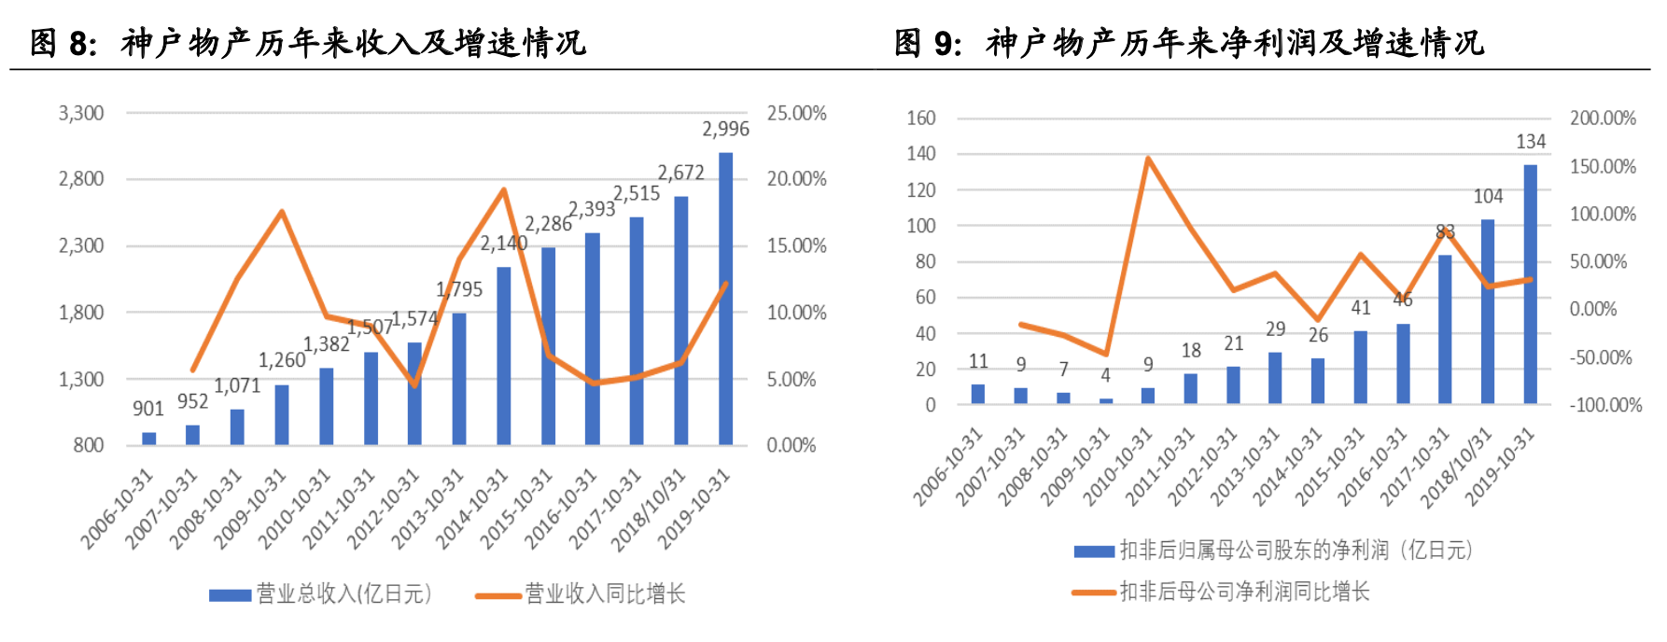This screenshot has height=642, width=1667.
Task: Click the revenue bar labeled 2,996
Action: click(x=725, y=299)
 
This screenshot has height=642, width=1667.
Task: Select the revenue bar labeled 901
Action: click(x=148, y=438)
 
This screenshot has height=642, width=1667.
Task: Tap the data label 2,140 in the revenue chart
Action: click(x=504, y=244)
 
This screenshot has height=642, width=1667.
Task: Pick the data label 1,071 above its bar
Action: click(x=237, y=385)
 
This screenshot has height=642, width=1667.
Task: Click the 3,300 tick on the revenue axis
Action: click(x=81, y=114)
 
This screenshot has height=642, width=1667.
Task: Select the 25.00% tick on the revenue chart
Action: click(x=796, y=114)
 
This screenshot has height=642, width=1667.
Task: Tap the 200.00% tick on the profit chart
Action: click(x=1603, y=119)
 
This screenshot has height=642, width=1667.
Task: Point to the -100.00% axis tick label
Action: click(x=1605, y=405)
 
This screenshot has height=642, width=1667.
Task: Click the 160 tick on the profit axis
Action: click(x=921, y=119)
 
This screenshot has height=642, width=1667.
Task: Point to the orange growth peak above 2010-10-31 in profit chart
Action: click(x=1148, y=159)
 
